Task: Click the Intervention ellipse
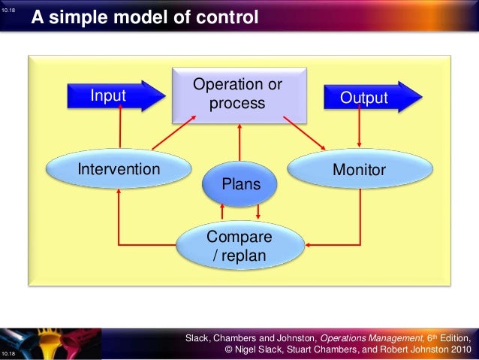tap(119, 169)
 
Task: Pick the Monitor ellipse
tap(359, 170)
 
